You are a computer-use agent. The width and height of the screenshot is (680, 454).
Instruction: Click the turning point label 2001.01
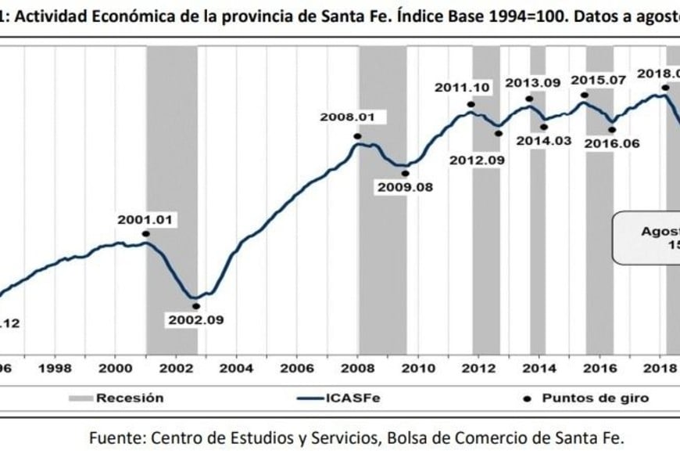pyautogui.click(x=147, y=219)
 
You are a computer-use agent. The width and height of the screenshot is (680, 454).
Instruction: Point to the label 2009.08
pyautogui.click(x=405, y=188)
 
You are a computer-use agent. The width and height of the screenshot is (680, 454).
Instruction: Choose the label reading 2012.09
pyautogui.click(x=478, y=159)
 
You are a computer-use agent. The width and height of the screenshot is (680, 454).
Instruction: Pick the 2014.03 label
pyautogui.click(x=544, y=141)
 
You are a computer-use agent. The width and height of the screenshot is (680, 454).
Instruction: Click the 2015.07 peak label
pyautogui.click(x=598, y=80)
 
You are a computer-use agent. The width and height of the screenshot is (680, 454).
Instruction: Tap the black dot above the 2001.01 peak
pyautogui.click(x=146, y=233)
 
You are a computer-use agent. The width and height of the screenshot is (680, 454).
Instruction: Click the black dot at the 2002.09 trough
pyautogui.click(x=196, y=306)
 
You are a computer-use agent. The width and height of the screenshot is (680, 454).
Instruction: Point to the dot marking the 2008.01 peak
pyautogui.click(x=357, y=135)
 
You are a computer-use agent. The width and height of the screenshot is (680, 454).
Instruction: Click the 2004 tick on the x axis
pyautogui.click(x=236, y=367)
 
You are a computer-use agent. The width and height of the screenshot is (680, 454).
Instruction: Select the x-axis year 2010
pyautogui.click(x=417, y=367)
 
